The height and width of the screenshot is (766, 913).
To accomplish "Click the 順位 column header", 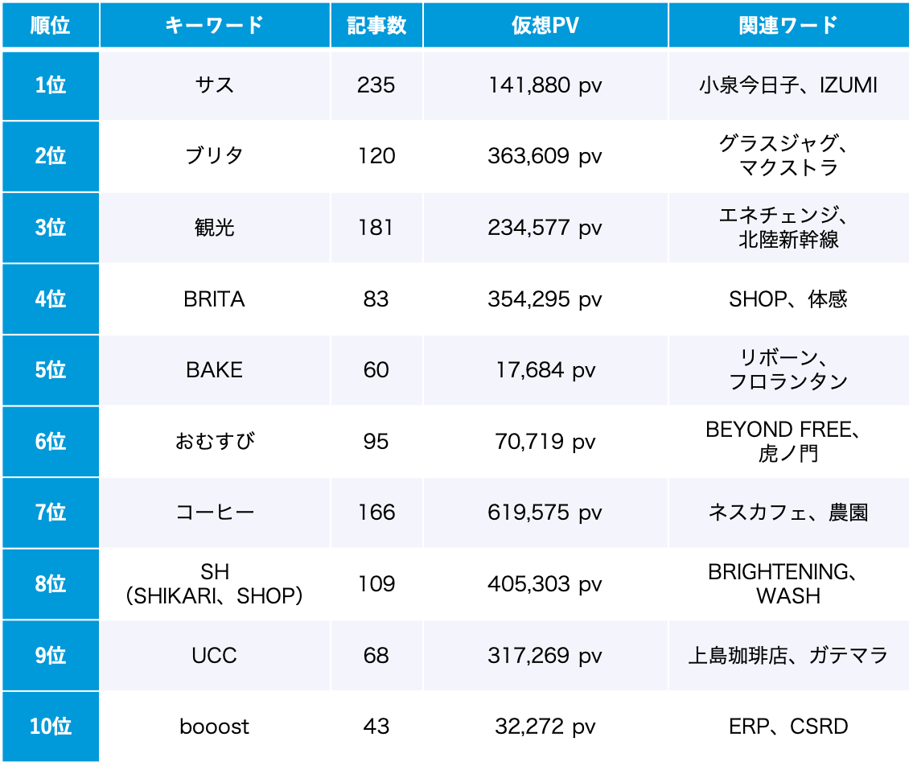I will coord(50,26).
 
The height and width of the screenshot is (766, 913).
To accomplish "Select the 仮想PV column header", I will coord(545,26).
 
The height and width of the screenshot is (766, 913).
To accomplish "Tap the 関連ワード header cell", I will coord(788,26).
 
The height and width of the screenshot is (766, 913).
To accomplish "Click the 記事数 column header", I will coord(376,26).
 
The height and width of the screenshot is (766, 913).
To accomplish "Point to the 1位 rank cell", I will coord(50,85).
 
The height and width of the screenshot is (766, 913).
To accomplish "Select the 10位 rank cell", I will coord(50,727).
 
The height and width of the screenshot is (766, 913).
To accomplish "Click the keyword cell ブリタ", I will coord(215,156).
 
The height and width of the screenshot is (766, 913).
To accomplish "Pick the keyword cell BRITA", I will coord(215,299).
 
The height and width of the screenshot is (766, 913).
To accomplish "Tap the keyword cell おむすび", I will coord(215,442).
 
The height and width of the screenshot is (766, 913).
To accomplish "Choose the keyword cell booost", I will coord(215,727).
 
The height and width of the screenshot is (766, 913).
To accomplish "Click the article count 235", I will coord(376,85).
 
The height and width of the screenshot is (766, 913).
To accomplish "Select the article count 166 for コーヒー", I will coord(376,513).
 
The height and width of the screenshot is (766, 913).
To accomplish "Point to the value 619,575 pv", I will coord(545,513).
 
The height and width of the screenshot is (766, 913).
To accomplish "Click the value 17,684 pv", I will coord(545,370).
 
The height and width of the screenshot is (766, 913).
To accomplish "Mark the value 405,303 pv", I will coord(545,583).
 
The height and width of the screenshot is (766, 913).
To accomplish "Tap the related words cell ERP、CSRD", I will coord(788,727).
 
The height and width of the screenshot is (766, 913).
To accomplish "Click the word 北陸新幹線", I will coord(788,240).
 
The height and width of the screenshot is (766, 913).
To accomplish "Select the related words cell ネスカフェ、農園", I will coord(788,513).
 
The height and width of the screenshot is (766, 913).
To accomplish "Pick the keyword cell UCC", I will coord(215,655).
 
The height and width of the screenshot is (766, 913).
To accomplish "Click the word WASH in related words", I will coord(788,596).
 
